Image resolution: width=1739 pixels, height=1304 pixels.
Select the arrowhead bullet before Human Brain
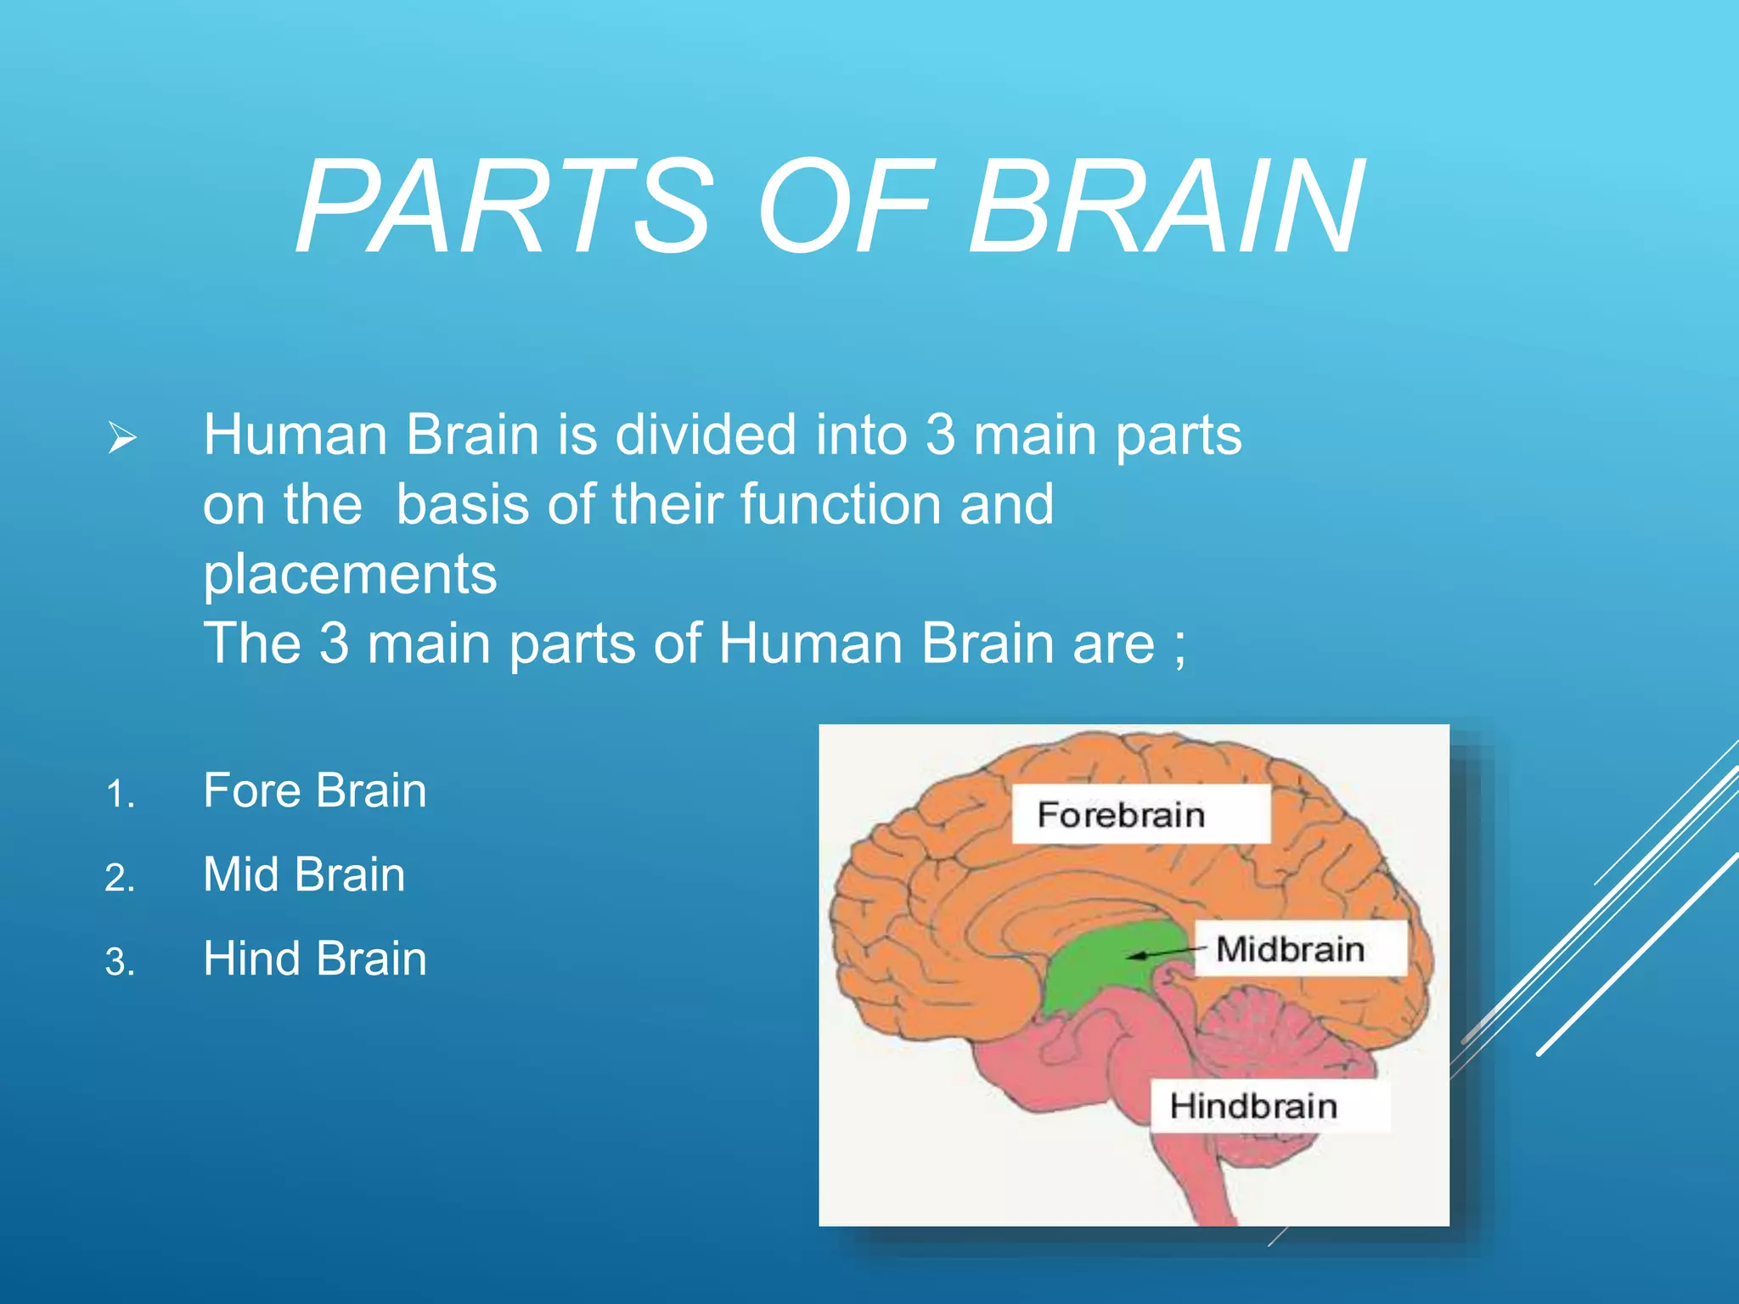[122, 439]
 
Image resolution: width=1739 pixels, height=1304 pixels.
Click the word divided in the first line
[705, 435]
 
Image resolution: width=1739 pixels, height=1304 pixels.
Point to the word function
[841, 504]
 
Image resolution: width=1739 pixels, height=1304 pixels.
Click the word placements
[350, 576]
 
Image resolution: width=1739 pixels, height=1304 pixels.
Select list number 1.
[120, 795]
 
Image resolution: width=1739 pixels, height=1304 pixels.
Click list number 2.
[120, 879]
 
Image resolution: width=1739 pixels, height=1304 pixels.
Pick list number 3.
[120, 963]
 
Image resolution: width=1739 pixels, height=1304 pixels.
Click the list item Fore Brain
[314, 790]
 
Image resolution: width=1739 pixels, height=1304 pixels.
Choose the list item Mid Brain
[304, 874]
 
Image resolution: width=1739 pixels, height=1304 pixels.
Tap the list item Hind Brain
[314, 958]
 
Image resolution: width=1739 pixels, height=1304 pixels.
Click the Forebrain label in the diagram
[1121, 815]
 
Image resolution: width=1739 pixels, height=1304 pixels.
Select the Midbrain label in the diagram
[1290, 949]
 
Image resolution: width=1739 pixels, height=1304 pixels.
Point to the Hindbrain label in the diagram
[1253, 1106]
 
